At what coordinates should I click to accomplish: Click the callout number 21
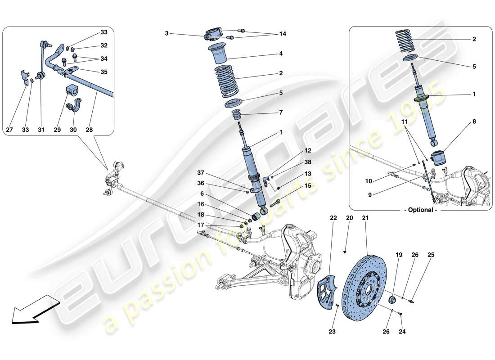point(365,218)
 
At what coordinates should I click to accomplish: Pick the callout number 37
point(200,173)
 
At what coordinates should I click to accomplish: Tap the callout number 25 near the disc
point(431,255)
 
